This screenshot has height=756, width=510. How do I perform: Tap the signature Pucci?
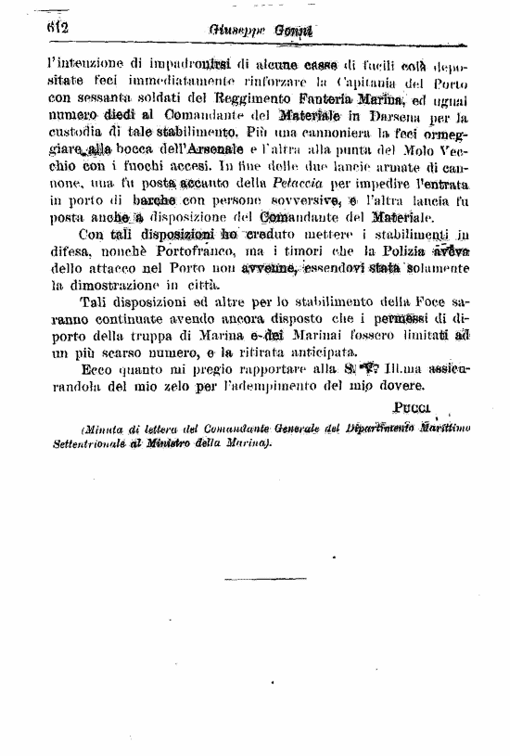[414, 408]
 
